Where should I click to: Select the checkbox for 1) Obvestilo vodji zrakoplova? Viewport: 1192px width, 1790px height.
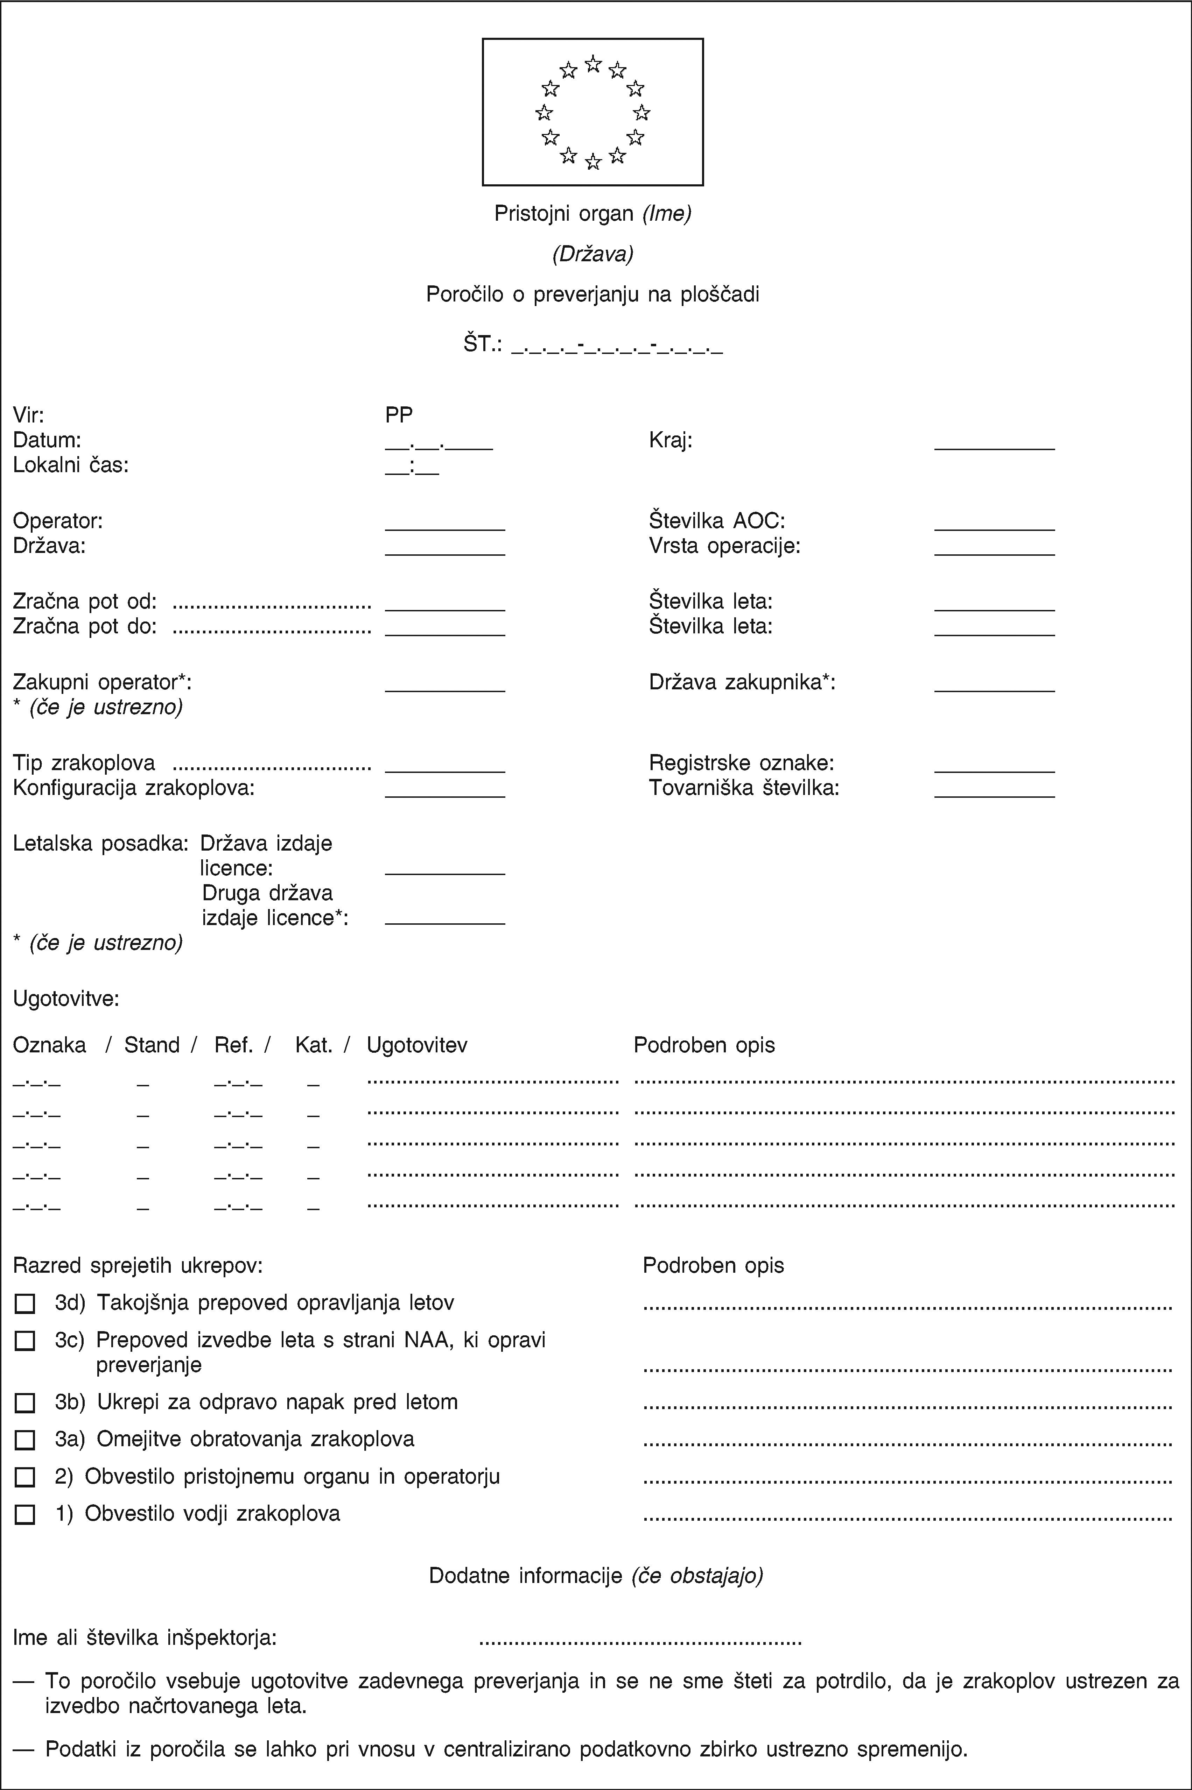tap(24, 1514)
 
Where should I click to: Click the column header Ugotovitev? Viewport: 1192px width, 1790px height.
tap(416, 1045)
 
